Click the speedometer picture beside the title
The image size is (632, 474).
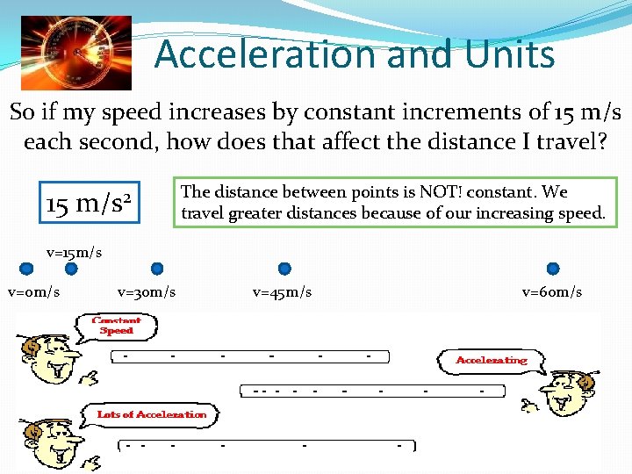75,53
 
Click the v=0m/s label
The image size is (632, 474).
33,291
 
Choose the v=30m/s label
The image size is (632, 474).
147,291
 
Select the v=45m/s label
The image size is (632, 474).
282,291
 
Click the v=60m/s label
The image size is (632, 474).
552,291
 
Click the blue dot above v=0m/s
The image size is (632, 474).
27,269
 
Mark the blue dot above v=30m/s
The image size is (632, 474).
157,269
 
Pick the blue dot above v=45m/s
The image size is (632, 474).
284,269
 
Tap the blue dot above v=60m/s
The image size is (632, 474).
553,269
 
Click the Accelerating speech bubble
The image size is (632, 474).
492,360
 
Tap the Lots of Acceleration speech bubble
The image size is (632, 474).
152,414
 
